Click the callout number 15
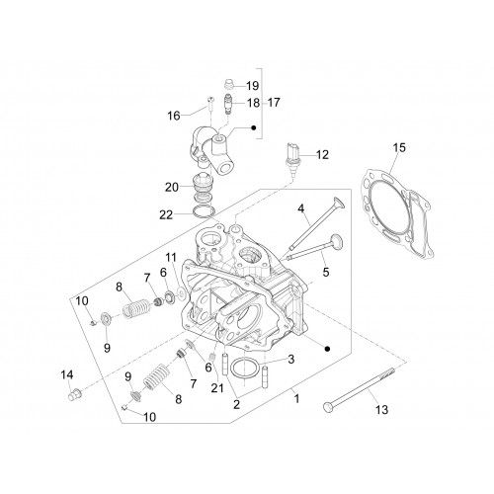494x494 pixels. pos(399,147)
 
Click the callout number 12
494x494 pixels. pos(322,154)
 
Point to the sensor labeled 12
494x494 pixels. pos(292,157)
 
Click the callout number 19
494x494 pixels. pos(253,86)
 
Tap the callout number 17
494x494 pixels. pos(274,103)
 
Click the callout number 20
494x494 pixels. pos(172,188)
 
